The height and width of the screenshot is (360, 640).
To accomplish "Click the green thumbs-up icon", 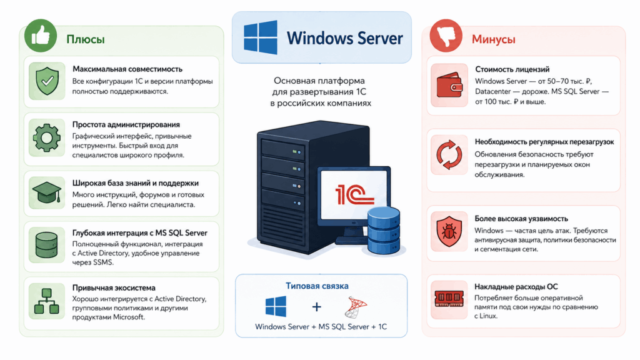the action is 41,36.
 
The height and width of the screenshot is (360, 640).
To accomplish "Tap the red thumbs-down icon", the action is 446,36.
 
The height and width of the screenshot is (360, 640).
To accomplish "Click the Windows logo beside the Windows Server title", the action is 261,37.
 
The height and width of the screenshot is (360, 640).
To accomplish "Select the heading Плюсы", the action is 85,39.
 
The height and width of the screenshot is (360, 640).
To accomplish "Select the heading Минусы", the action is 494,39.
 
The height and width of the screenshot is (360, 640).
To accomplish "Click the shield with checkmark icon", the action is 47,81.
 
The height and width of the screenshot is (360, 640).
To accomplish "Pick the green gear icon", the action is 46,138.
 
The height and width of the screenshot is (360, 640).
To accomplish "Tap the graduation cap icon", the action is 46,192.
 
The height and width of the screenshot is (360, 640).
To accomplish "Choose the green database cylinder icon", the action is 46,245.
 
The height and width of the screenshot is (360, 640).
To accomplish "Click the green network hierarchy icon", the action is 46,301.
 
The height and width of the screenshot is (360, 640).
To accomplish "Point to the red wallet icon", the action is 449,85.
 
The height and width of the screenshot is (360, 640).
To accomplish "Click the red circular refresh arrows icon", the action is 449,155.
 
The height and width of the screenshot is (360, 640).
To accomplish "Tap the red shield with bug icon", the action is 449,231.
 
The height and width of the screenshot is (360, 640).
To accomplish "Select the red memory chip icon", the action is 449,298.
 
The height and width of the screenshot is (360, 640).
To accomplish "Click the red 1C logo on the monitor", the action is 354,195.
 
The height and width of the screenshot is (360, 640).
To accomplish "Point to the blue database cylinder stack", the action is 383,231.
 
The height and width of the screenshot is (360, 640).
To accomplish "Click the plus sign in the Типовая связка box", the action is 316,307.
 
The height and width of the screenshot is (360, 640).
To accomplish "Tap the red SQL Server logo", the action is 356,307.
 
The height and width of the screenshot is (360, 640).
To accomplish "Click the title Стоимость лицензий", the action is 512,69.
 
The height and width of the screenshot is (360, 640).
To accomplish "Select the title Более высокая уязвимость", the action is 521,219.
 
